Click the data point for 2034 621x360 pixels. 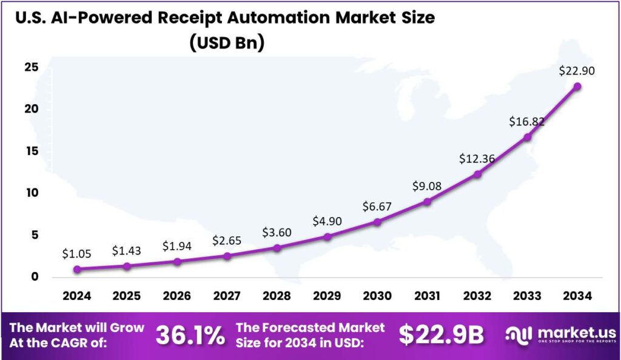coord(577,87)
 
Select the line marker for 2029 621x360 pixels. coord(327,236)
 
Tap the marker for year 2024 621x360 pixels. coord(76,269)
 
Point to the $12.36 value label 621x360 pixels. coord(477,159)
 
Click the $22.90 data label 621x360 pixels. coord(577,71)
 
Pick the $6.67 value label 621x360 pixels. coord(377,207)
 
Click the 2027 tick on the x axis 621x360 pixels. coord(227,296)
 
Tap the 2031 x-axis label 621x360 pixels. coord(427,296)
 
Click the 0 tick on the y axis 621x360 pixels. coord(35,276)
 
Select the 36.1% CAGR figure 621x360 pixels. coord(190,336)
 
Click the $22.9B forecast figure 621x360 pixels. coord(441,335)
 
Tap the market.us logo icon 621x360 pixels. coord(520,335)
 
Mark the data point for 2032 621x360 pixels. coord(477,174)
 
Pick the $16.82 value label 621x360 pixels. coord(527,122)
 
